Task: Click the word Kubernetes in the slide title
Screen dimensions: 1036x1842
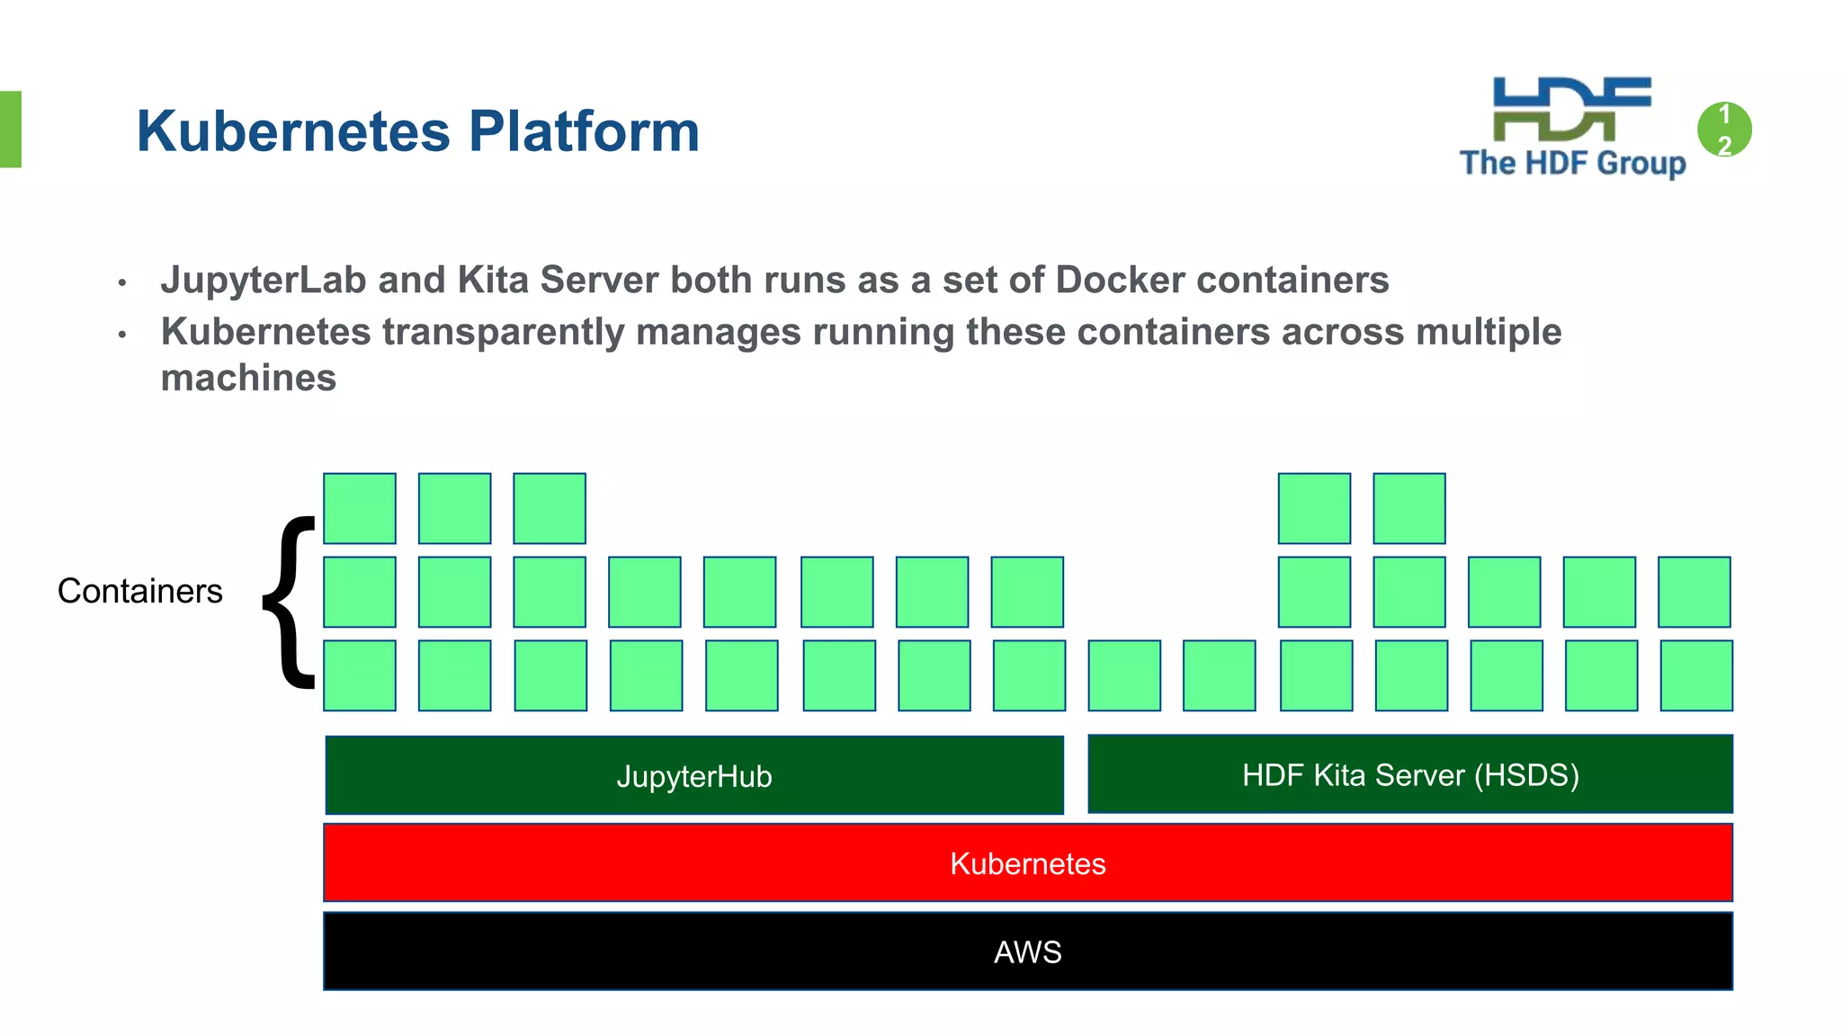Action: [292, 131]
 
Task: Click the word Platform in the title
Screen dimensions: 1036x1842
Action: [584, 131]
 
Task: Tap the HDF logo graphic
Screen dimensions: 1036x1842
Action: [1571, 109]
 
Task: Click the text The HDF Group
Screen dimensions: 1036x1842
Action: [1572, 163]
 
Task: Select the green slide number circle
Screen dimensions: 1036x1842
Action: [1724, 129]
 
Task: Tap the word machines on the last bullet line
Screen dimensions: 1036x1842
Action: [248, 378]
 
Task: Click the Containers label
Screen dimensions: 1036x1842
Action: [139, 591]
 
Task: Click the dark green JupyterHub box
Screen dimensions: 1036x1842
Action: [694, 775]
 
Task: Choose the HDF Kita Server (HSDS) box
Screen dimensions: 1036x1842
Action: [1409, 774]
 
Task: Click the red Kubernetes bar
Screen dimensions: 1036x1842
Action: [1027, 862]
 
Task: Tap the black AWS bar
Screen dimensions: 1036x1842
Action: [1027, 951]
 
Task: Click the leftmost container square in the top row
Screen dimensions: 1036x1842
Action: [360, 508]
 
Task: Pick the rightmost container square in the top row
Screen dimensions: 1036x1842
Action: [1409, 508]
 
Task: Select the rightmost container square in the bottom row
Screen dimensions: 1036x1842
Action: [1696, 675]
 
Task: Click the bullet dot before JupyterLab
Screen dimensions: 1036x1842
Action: [122, 283]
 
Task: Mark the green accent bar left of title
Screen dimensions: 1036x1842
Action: [10, 129]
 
